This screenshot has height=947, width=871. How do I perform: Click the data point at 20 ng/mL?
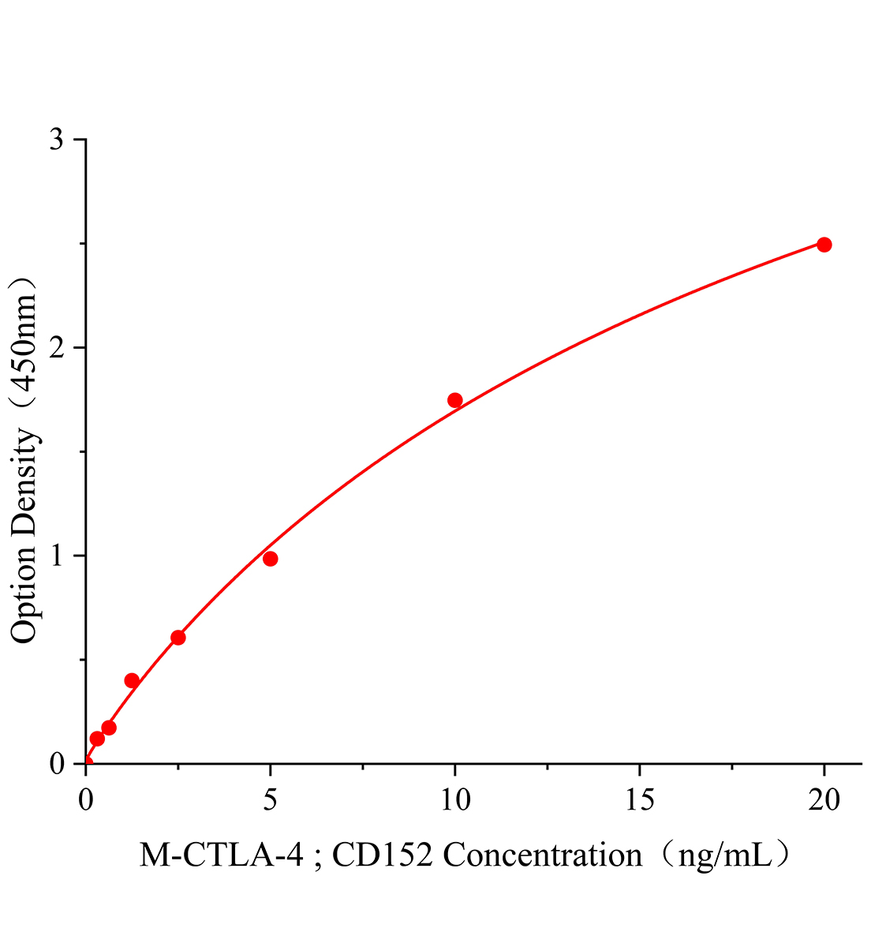(824, 245)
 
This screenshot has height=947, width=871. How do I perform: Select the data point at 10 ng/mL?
(454, 400)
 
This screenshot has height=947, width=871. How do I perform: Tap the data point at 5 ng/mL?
(270, 559)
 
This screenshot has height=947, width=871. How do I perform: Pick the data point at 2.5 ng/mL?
(178, 637)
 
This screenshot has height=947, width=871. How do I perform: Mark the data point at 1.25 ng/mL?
(132, 680)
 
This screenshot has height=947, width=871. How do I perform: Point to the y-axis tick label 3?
(57, 140)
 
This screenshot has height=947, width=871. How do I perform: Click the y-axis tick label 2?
(57, 348)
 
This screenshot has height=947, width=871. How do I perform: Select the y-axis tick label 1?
(57, 556)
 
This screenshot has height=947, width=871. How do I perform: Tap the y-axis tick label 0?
(57, 764)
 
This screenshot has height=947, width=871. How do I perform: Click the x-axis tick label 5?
(270, 800)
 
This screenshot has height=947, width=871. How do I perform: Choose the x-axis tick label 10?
(454, 800)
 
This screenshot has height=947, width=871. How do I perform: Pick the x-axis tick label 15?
(639, 800)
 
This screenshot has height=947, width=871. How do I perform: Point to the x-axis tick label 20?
(824, 800)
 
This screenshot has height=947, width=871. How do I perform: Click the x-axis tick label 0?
(86, 800)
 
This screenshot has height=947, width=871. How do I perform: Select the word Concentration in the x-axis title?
(543, 855)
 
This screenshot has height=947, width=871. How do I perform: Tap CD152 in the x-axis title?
(382, 855)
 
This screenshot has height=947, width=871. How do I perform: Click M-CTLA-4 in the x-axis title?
(221, 855)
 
